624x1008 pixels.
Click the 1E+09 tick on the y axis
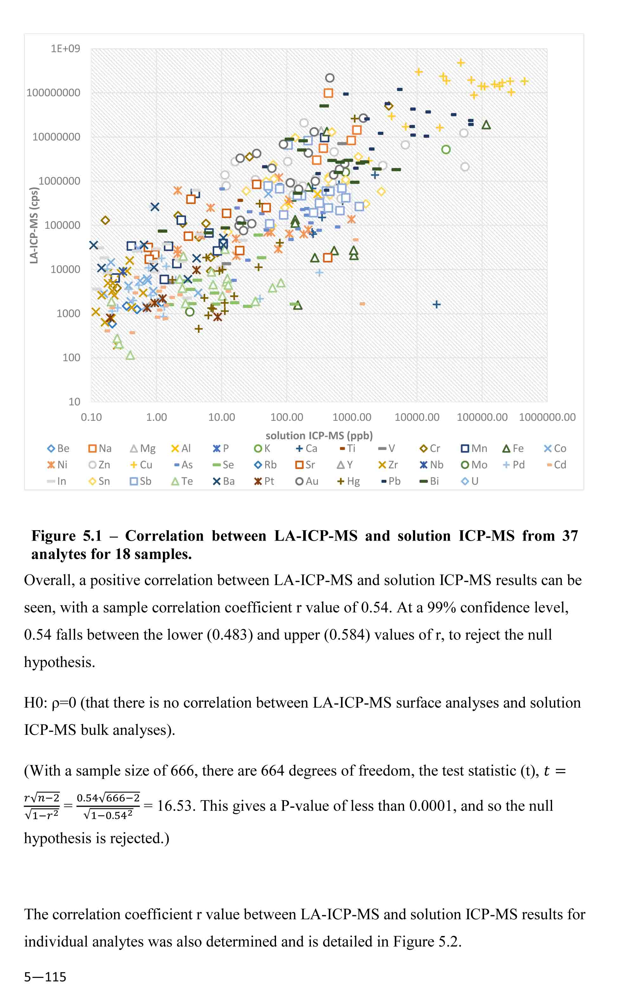pyautogui.click(x=65, y=49)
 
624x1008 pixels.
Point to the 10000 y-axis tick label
pyautogui.click(x=65, y=269)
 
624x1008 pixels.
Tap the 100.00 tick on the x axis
pyautogui.click(x=286, y=417)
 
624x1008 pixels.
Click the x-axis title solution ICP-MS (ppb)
pyautogui.click(x=319, y=435)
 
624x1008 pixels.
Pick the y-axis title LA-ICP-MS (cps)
pyautogui.click(x=34, y=225)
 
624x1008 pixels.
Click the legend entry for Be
pyautogui.click(x=58, y=448)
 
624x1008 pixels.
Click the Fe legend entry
pyautogui.click(x=513, y=448)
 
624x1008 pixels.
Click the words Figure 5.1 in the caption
pyautogui.click(x=67, y=536)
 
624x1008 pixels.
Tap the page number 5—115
pyautogui.click(x=45, y=977)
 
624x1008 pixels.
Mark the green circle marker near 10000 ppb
pyautogui.click(x=446, y=149)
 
